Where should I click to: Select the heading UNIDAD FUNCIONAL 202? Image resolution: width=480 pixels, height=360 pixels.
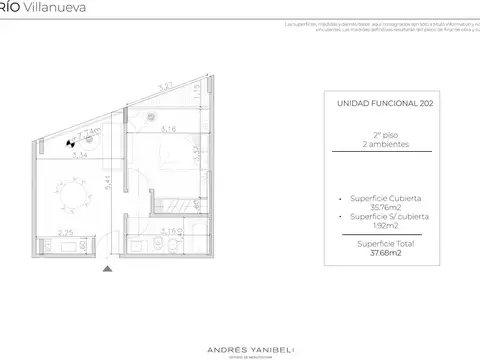[379, 103]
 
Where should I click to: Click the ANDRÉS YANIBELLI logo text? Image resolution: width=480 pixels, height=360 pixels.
[240, 322]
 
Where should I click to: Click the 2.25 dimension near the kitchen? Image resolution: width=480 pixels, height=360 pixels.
[64, 233]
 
